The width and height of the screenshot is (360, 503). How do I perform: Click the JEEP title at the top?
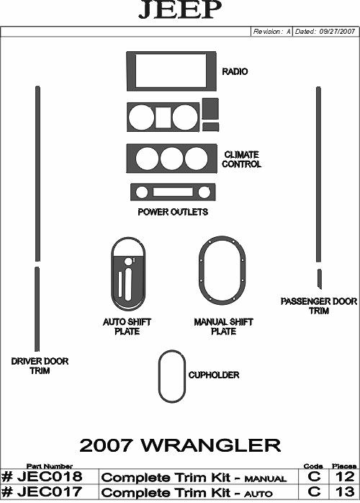pos(180,9)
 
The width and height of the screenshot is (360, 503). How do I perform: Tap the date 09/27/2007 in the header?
pos(337,32)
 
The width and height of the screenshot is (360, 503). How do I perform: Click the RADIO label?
pos(235,71)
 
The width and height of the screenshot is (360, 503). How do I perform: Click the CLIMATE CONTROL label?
pos(242,159)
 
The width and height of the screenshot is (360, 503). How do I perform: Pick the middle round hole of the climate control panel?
pos(172,159)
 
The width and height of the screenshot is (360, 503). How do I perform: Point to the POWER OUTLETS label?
pos(173,212)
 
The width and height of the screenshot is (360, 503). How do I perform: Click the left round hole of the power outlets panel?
pos(142,192)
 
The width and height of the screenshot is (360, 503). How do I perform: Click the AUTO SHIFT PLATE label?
pos(127,326)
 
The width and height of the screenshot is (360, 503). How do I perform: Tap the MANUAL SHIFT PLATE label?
pos(223,326)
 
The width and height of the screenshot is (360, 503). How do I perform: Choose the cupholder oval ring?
pos(159,376)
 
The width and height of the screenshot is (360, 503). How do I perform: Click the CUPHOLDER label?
pos(214,375)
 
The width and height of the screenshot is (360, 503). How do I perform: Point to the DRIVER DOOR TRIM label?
pos(40,366)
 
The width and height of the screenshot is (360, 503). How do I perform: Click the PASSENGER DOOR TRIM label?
pos(319,306)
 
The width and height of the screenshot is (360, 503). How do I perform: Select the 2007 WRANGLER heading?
pos(180,445)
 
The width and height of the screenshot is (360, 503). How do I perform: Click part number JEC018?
pos(42,476)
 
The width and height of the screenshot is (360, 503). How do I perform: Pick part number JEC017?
pos(42,491)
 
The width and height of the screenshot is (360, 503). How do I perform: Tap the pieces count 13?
pos(345,491)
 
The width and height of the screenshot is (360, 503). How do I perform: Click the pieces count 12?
pos(345,476)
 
